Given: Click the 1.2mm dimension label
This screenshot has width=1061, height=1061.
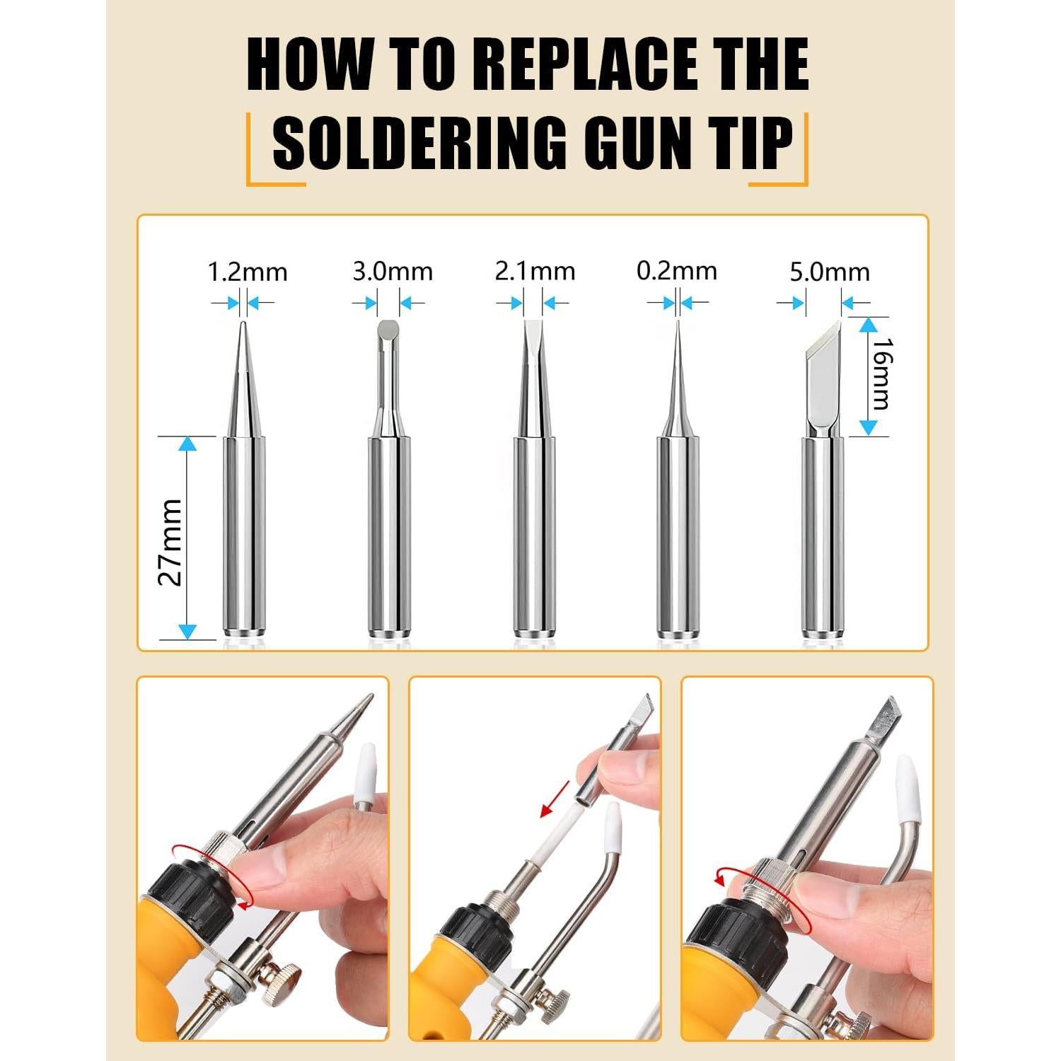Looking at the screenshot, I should tap(248, 272).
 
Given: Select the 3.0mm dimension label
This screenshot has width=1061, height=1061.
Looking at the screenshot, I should tap(393, 272).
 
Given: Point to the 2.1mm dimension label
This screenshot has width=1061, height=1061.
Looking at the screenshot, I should tap(535, 272).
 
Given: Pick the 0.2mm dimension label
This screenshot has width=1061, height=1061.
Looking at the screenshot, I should tap(677, 271).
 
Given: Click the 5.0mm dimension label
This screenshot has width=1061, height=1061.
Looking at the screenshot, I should tap(830, 272).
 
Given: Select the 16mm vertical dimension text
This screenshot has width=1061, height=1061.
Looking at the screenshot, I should tap(881, 374).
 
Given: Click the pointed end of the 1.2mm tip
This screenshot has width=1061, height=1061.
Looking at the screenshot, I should tap(243, 327).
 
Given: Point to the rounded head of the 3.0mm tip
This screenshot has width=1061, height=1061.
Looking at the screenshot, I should tap(388, 331).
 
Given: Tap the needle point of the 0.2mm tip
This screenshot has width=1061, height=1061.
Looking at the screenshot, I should tap(677, 325).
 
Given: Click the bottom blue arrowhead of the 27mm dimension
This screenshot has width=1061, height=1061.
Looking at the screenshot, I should tap(187, 631).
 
